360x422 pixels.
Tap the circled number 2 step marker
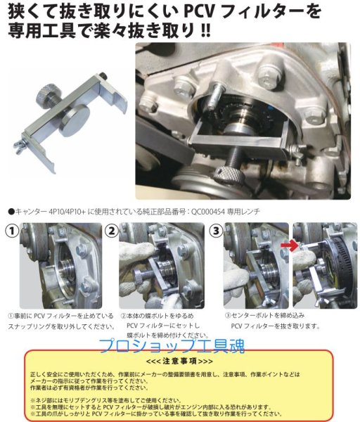112,231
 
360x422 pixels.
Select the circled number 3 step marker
215,231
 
